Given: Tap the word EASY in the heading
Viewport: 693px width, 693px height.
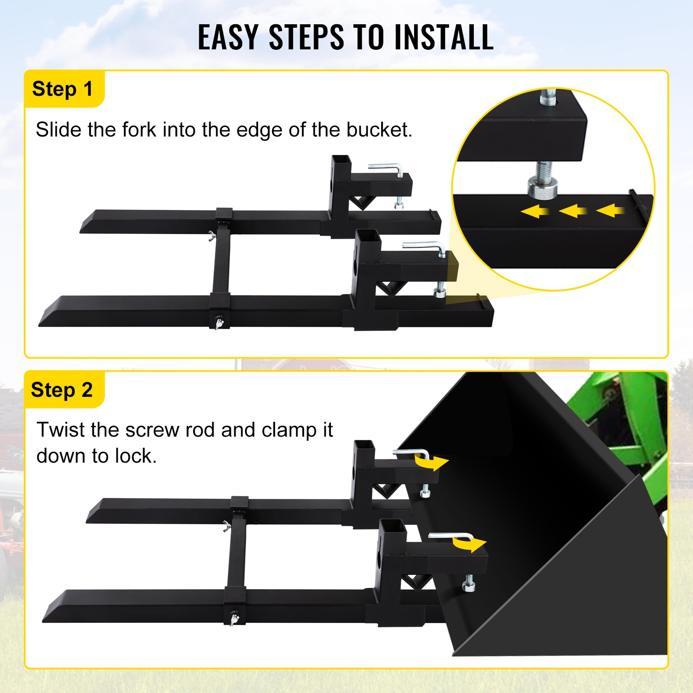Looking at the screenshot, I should pos(228,37).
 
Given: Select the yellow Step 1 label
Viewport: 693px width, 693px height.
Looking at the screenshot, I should pos(63,89).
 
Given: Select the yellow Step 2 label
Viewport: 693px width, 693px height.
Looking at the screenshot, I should pos(62,390).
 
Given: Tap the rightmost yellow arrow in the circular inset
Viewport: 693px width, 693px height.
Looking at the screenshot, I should pos(611,210).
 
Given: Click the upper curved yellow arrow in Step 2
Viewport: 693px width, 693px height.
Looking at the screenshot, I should pos(432,463).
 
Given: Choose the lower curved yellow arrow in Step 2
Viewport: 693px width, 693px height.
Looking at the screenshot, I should pos(470,544).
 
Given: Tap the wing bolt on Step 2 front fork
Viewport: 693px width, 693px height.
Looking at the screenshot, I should pos(234,619).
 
